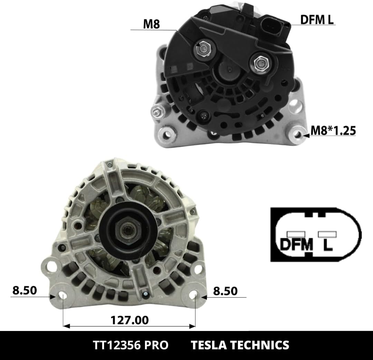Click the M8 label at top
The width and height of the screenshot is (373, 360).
point(151,24)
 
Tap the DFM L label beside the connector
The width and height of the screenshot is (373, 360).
point(317,19)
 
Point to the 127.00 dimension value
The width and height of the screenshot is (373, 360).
point(130,320)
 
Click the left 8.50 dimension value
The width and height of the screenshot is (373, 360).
point(25,290)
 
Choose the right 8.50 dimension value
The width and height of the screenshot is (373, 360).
point(225,291)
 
